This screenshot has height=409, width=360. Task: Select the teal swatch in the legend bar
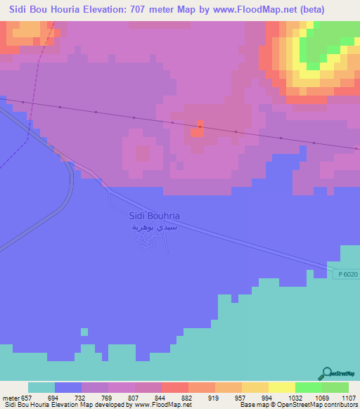tap(41, 387)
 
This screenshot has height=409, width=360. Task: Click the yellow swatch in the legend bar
tap(282, 387)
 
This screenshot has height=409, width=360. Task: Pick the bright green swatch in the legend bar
tap(309, 387)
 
